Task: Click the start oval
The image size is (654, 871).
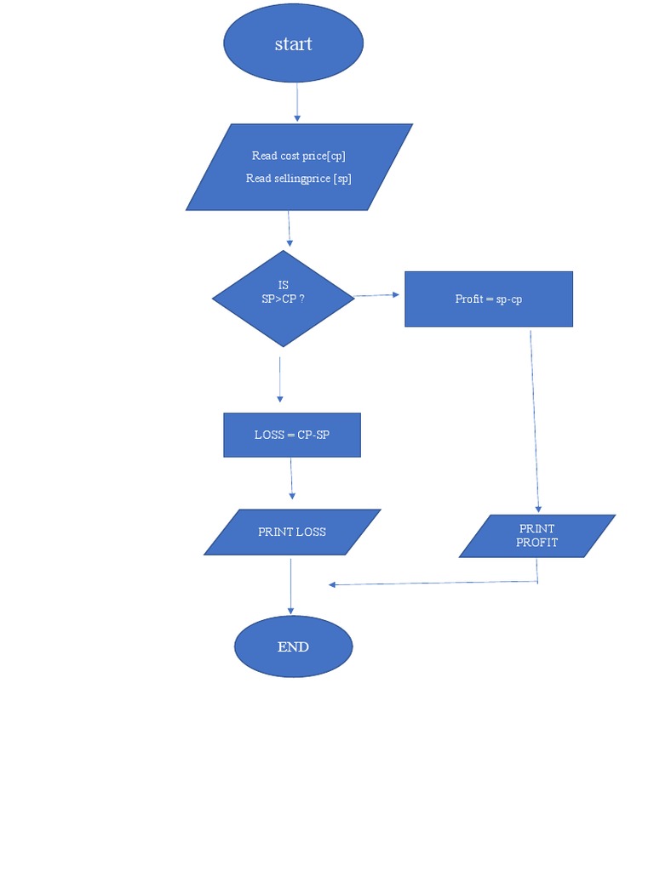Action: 293,43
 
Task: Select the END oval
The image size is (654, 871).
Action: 293,646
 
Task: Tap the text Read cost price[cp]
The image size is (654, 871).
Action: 298,156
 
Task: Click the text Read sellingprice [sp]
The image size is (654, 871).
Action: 298,179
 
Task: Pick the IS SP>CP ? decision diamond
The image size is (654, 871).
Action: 283,299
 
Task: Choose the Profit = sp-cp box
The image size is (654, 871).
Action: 488,299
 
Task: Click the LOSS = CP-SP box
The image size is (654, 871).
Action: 292,435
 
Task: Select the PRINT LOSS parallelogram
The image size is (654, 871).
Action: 292,532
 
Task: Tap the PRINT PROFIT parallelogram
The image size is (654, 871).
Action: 536,536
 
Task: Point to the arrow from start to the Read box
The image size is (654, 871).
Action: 297,102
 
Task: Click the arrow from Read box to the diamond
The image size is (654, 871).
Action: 290,229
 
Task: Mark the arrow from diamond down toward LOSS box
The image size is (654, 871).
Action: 279,379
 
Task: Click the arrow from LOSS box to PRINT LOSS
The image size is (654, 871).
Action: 291,479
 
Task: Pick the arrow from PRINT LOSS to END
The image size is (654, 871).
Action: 291,587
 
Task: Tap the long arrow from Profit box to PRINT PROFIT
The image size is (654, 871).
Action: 535,421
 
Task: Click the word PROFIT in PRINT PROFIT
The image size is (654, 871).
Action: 536,543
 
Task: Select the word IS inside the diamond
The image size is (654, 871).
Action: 284,285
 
